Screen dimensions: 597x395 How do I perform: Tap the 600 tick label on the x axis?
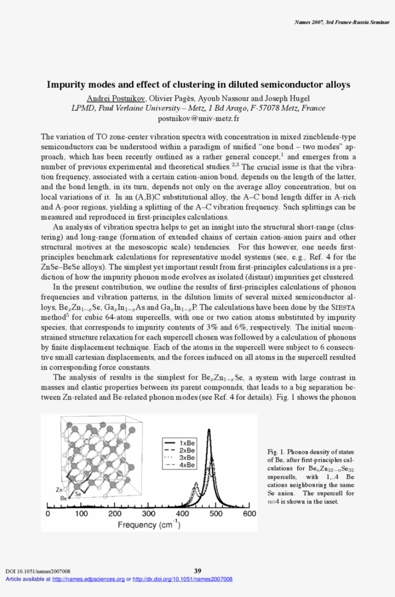click(249, 514)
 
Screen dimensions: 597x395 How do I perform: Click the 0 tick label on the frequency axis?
click(48, 514)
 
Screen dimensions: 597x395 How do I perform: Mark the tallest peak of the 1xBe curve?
click(209, 430)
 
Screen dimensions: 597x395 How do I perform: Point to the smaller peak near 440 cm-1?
click(196, 483)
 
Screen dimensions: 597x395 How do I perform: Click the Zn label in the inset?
click(60, 490)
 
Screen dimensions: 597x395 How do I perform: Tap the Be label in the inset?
click(63, 498)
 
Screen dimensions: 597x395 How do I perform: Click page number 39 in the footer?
click(197, 571)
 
